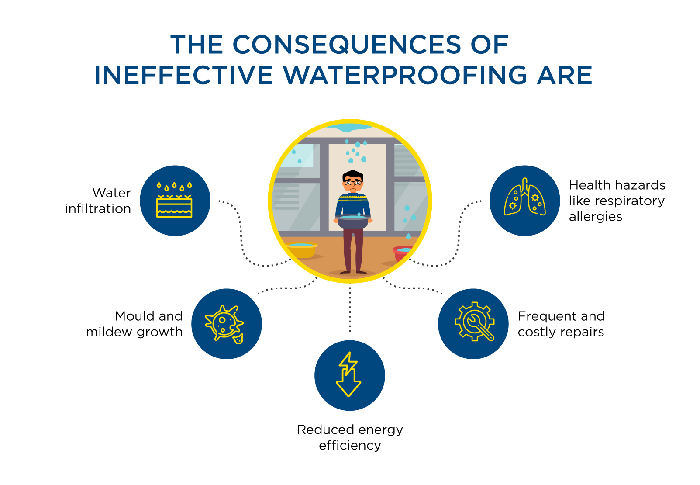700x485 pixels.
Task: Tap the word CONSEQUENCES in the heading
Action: tap(347, 45)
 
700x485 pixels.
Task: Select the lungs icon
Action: tap(525, 197)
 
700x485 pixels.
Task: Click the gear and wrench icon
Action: tap(475, 322)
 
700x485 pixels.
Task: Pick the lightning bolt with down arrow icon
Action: tap(348, 374)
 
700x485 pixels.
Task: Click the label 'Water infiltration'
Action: tap(98, 201)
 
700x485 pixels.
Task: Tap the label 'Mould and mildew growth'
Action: tap(134, 324)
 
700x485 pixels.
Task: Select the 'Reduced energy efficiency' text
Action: tap(350, 437)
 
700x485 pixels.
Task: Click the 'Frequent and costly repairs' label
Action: tap(561, 324)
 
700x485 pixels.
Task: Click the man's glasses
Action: tap(353, 182)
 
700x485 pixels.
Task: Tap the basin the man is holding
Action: tap(353, 221)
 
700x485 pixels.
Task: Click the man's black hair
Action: tap(353, 175)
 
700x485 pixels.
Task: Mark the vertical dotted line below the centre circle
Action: tap(350, 308)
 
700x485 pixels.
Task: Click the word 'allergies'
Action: tap(596, 216)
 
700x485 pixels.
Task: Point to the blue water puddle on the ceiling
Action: tap(349, 128)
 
